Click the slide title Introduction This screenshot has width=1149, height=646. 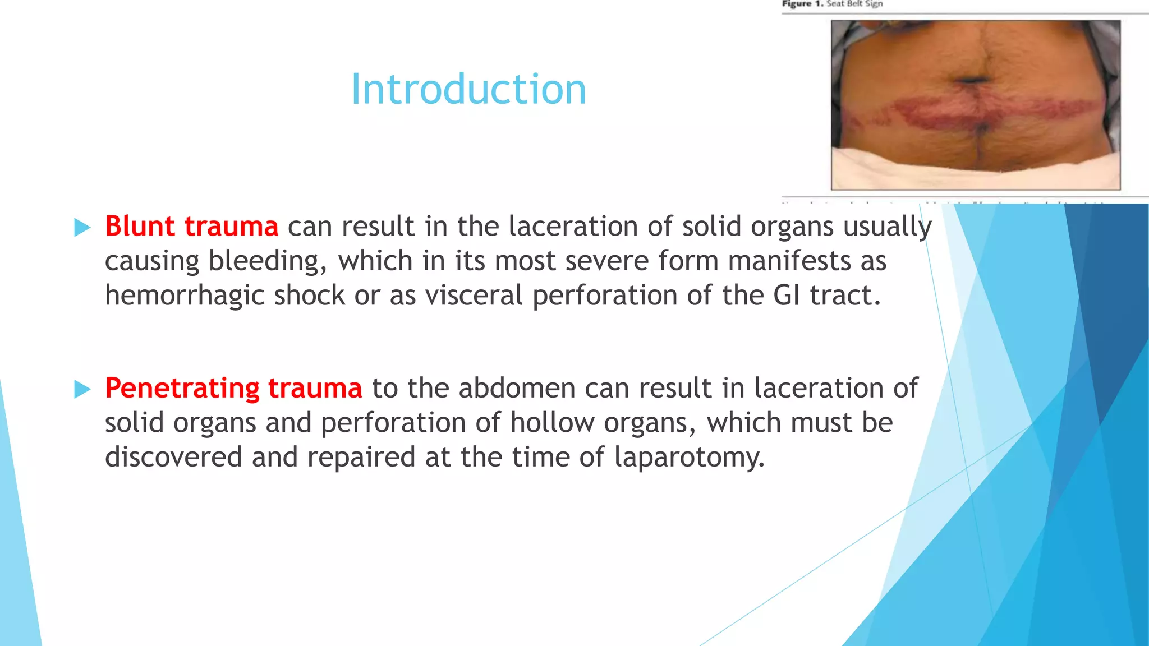coord(468,90)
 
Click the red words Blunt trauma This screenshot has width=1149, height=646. coord(191,227)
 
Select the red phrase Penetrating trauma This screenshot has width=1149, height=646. coord(233,388)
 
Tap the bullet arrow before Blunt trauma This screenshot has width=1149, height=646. coord(82,227)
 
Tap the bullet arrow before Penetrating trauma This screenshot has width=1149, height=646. coord(82,389)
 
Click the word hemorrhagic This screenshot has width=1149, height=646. coord(185,296)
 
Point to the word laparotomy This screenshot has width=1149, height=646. coord(689,458)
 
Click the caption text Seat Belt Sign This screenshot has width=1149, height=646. coord(854,4)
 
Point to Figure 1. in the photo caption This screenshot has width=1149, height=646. coord(802,4)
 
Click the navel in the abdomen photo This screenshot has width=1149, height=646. coord(972,81)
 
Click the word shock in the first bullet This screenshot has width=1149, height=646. coord(309,296)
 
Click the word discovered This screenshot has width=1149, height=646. coord(173,458)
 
